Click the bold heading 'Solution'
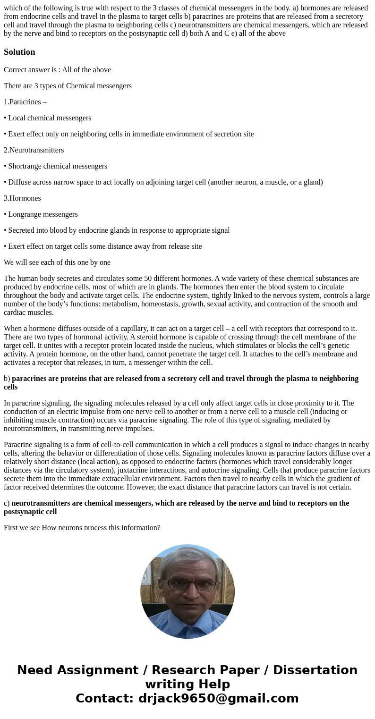(x=19, y=52)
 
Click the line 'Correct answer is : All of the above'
(x=57, y=70)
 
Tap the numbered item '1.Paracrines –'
(x=25, y=102)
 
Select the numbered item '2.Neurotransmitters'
(x=34, y=150)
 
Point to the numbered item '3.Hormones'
(x=22, y=198)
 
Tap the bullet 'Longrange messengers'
(x=43, y=214)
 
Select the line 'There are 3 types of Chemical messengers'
(x=68, y=86)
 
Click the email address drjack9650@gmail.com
(x=218, y=699)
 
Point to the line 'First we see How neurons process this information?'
(x=82, y=527)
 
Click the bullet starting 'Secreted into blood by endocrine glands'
(x=119, y=230)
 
